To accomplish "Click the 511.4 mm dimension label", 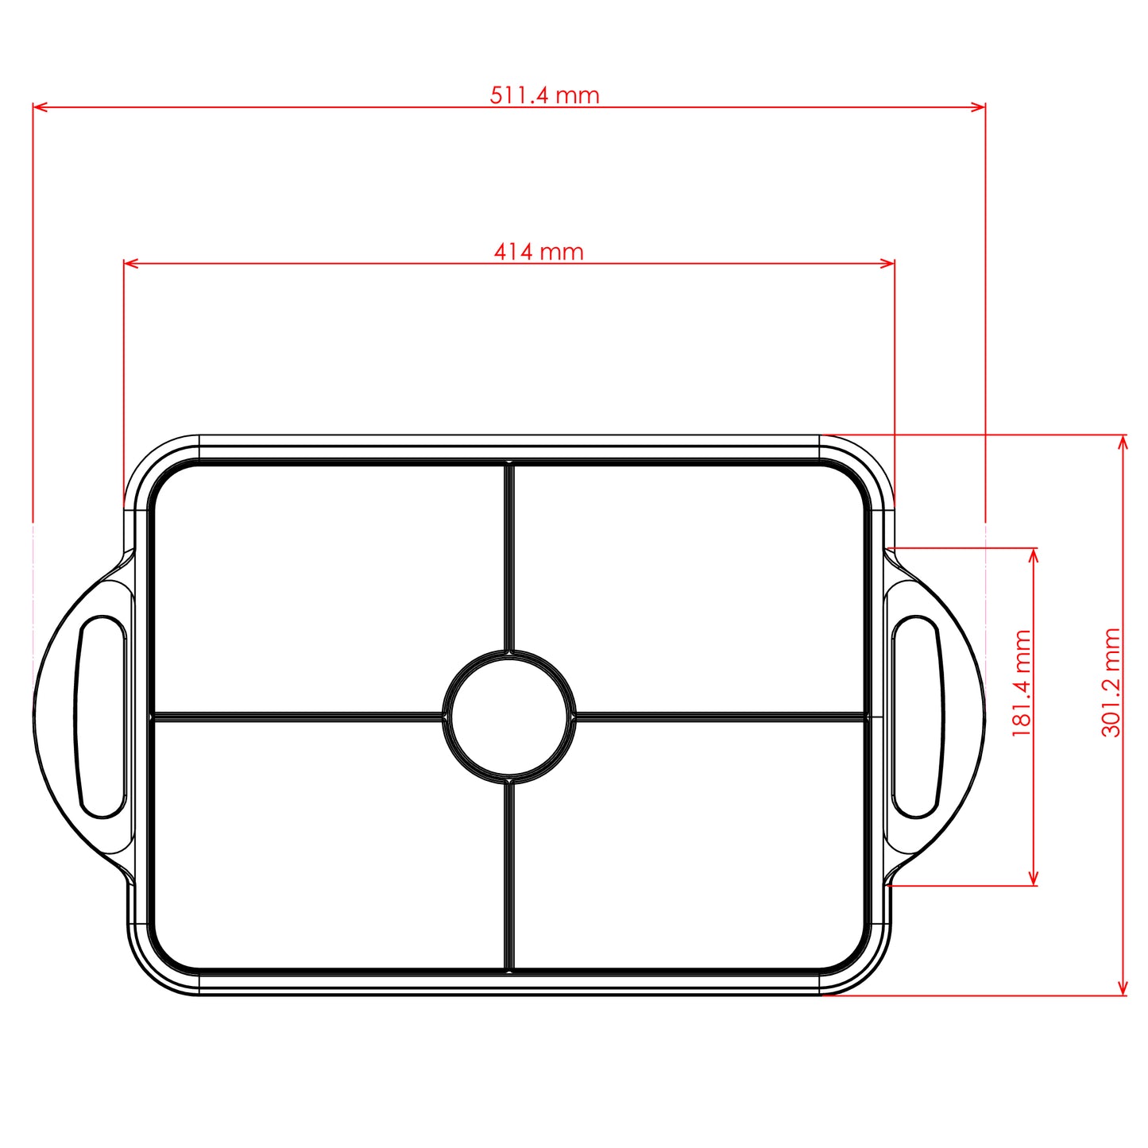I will click(544, 95).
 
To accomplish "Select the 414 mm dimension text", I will click(539, 252).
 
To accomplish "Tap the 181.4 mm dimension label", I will click(1022, 683).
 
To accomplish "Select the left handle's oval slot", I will click(102, 716).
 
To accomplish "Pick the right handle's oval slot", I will click(916, 716).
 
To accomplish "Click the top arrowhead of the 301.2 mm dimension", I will click(1123, 442).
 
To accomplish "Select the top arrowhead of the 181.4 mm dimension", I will click(1034, 555).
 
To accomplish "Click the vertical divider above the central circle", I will click(509, 556).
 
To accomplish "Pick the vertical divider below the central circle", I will click(509, 874).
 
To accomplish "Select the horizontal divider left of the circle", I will click(298, 717).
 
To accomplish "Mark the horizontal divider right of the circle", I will click(719, 717).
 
